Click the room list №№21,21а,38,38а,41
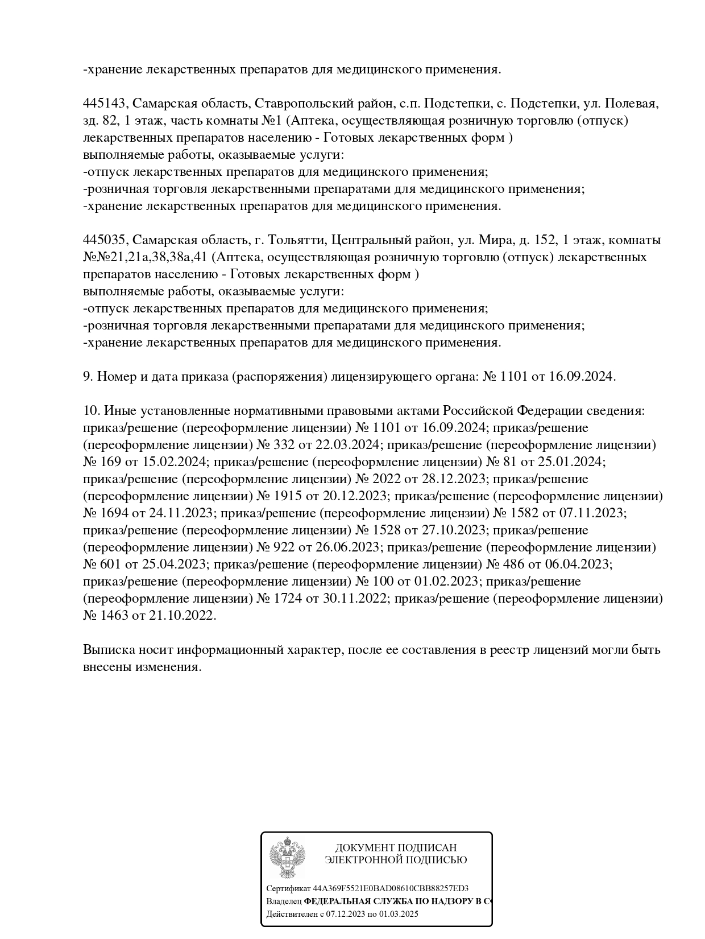[x=144, y=257]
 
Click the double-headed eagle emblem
[x=287, y=860]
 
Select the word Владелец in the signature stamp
[x=284, y=901]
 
